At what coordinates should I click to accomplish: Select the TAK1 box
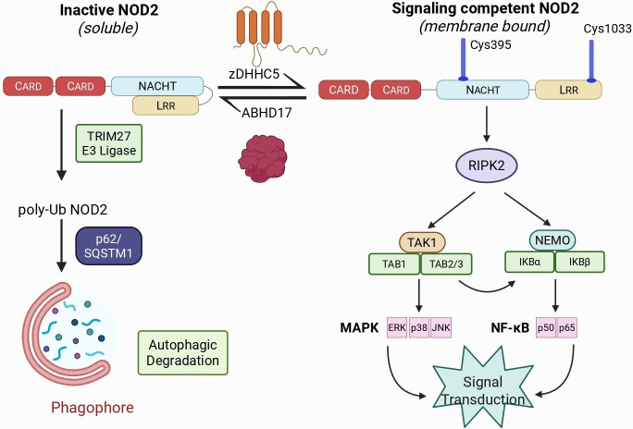pos(421,242)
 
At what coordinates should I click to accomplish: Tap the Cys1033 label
pos(605,31)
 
